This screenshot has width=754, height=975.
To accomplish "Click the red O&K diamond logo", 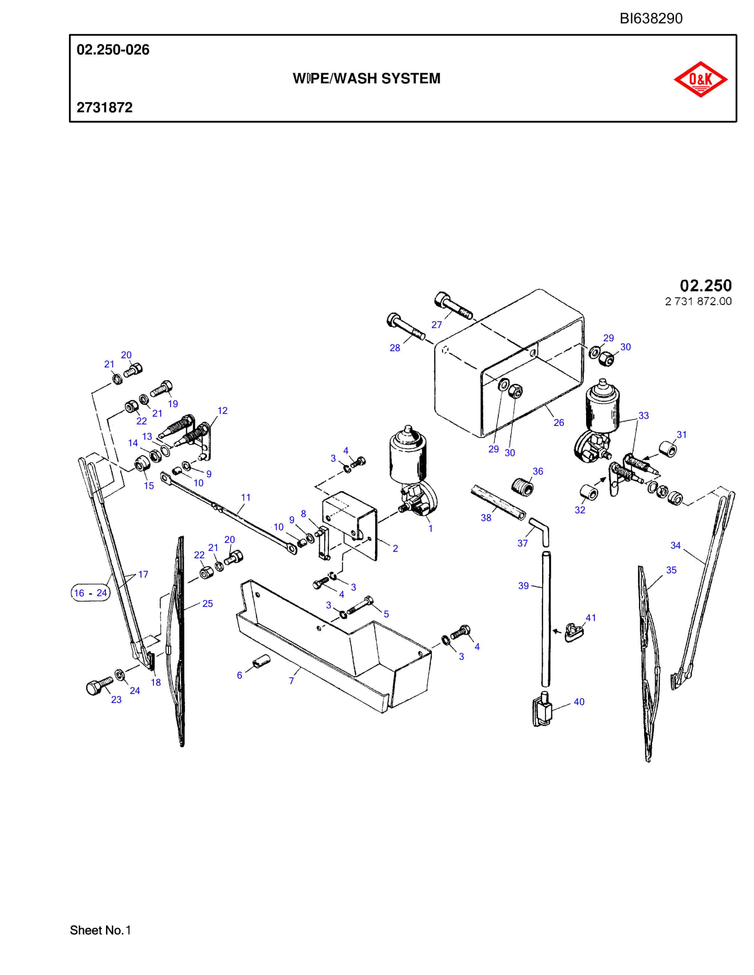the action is [700, 79].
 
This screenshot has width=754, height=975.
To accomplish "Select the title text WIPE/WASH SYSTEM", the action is [366, 78].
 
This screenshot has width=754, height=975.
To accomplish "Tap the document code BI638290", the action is [651, 18].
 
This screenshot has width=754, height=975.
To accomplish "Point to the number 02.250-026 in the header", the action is [113, 50].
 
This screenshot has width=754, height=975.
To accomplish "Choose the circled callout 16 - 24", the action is [90, 593].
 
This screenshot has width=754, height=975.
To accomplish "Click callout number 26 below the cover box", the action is [559, 422].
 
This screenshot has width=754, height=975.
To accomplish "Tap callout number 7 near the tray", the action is [291, 681].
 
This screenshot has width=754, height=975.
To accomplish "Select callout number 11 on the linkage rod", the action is [246, 497].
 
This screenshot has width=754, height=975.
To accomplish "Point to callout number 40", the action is [579, 702].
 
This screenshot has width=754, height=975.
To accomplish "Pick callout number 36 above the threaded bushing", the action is [538, 471].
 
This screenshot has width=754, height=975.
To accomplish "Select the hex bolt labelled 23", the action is [99, 686].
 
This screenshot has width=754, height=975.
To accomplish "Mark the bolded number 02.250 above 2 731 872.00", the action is [706, 285].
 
